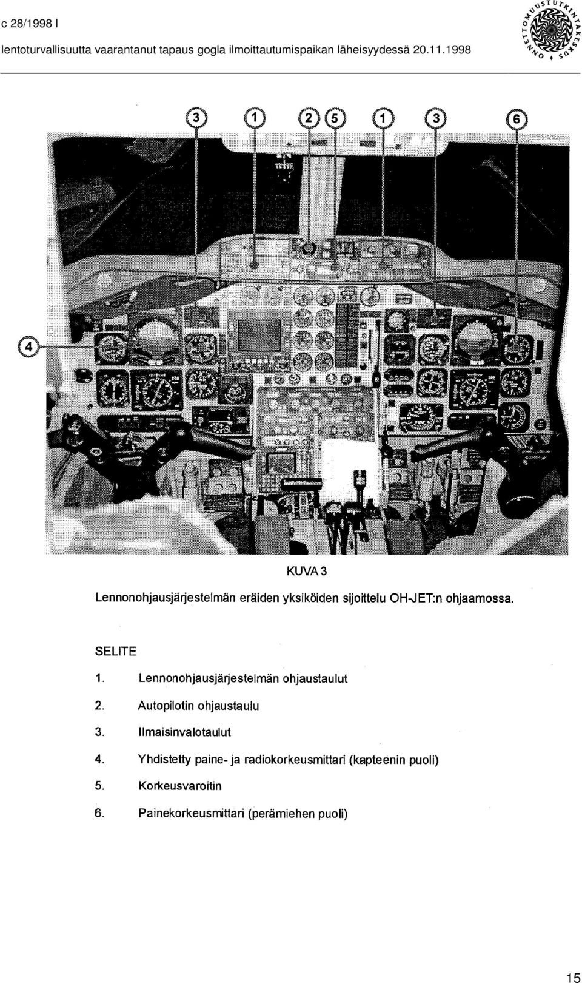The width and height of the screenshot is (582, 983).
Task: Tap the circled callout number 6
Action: (x=516, y=118)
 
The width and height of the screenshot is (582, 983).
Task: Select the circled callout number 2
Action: (x=309, y=118)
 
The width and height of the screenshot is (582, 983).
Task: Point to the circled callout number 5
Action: (x=335, y=118)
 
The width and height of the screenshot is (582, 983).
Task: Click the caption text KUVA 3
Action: (x=307, y=572)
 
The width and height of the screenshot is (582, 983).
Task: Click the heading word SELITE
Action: (x=116, y=652)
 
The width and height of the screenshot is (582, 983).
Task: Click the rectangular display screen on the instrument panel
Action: (x=259, y=335)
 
